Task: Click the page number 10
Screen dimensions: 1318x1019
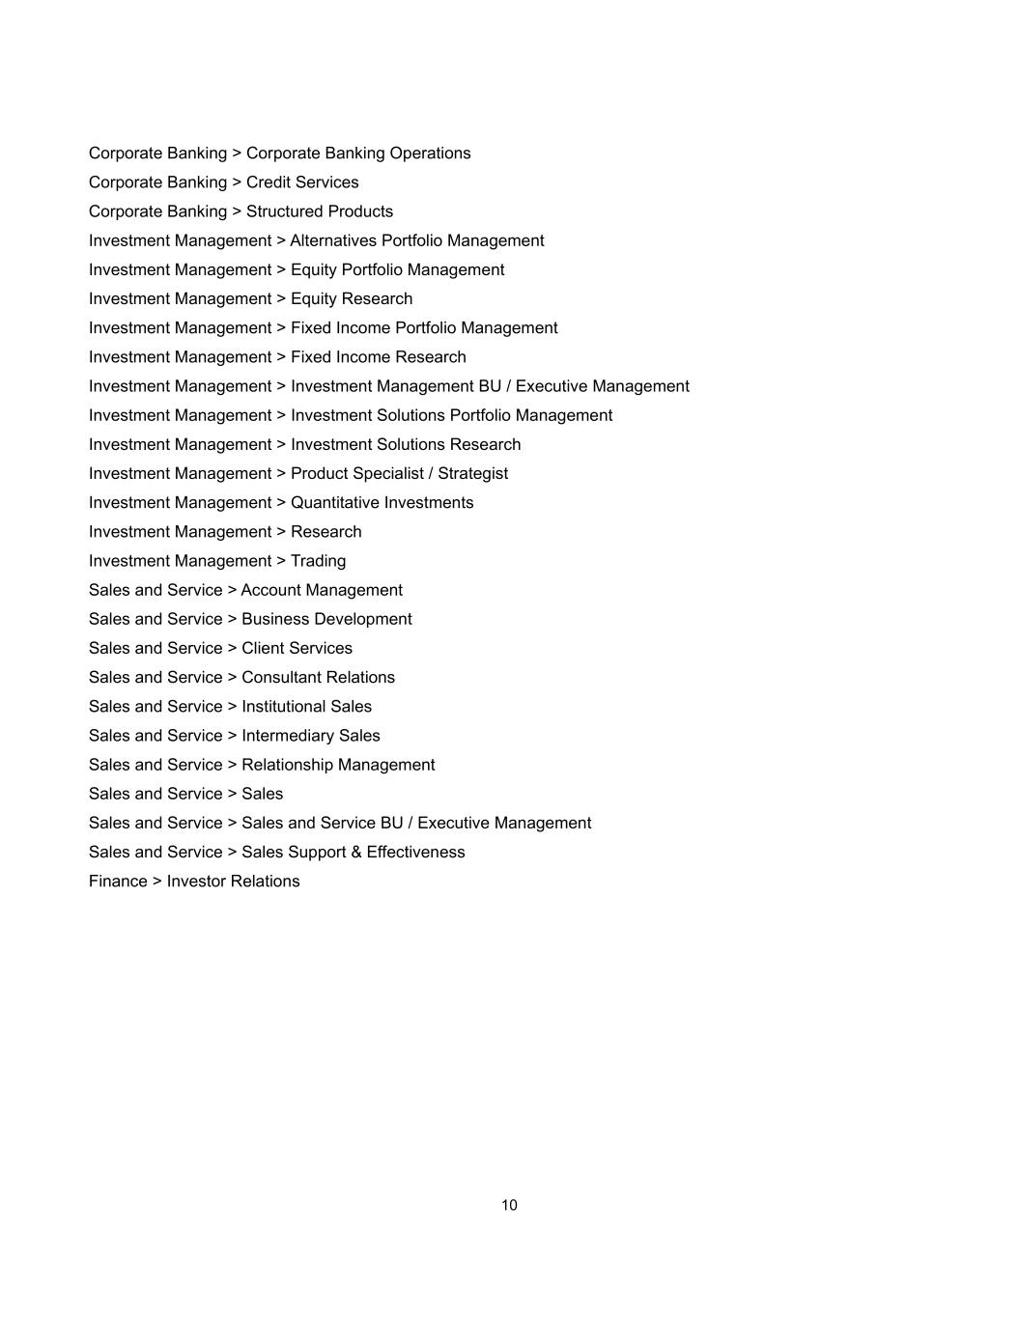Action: point(509,1205)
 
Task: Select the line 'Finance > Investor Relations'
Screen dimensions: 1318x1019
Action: point(194,881)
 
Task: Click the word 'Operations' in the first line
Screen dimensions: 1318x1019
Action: point(430,153)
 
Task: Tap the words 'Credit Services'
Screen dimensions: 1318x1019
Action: point(302,182)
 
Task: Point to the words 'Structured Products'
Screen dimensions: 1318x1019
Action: point(320,210)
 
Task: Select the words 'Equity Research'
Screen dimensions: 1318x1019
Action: point(352,298)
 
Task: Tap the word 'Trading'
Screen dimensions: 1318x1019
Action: point(318,560)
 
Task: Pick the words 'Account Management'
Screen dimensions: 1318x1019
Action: point(322,589)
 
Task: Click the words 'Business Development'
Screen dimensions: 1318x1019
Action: point(326,618)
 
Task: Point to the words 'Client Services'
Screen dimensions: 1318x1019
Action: point(297,647)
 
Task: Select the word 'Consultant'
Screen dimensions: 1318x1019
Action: point(281,677)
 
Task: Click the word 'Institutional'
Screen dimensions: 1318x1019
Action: point(281,706)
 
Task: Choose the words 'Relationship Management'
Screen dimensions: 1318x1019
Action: point(338,764)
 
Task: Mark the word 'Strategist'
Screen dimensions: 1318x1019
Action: point(472,473)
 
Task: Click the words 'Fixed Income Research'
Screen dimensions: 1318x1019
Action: point(378,356)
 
